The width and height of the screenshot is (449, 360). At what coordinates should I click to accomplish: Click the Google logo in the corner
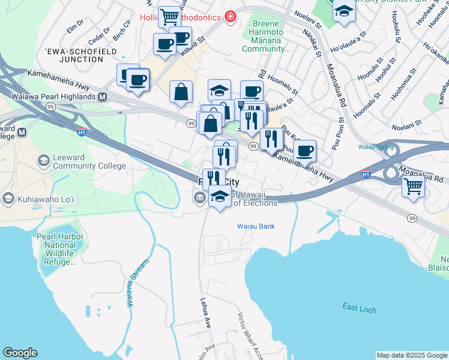click(20, 353)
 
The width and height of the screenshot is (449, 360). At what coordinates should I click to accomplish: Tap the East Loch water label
click(360, 308)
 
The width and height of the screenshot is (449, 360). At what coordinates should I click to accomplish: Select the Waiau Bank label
click(254, 226)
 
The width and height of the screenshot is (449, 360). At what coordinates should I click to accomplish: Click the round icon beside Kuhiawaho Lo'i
click(8, 197)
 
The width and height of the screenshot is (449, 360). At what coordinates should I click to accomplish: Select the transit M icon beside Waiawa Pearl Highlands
click(103, 97)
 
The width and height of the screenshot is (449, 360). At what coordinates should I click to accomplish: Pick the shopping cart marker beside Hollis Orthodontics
click(170, 16)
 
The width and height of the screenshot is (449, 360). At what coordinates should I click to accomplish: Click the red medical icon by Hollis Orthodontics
click(229, 16)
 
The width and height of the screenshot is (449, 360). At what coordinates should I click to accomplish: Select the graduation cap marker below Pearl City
click(220, 196)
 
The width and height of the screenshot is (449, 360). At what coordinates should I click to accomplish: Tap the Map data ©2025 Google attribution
click(411, 355)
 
